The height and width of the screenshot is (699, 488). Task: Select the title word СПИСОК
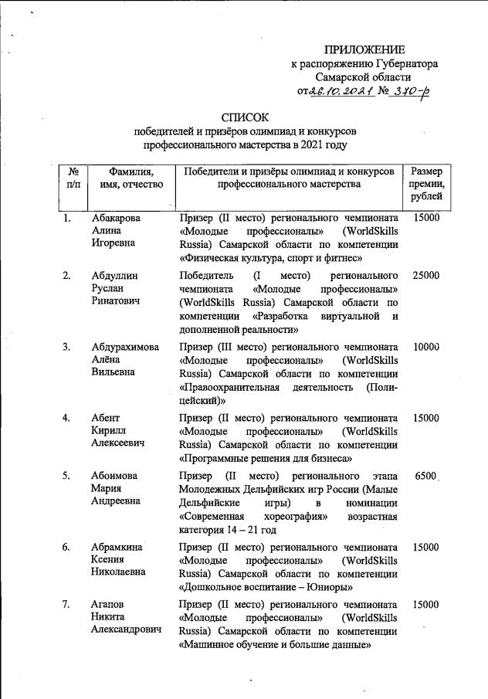[x=243, y=117]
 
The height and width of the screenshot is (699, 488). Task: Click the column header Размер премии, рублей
[x=426, y=186]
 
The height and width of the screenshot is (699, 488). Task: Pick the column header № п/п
[x=73, y=178]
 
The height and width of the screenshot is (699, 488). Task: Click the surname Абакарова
[x=116, y=219]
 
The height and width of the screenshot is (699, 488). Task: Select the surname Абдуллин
[x=114, y=276]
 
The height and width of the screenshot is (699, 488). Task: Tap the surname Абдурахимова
[x=125, y=347]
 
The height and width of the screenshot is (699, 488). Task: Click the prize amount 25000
[x=426, y=276]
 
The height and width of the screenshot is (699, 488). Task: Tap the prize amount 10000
[x=426, y=347]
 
